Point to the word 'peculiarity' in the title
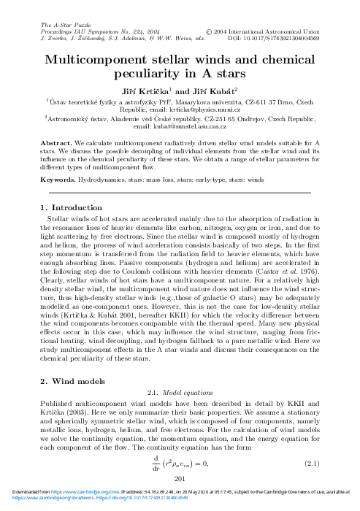(x=138, y=74)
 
